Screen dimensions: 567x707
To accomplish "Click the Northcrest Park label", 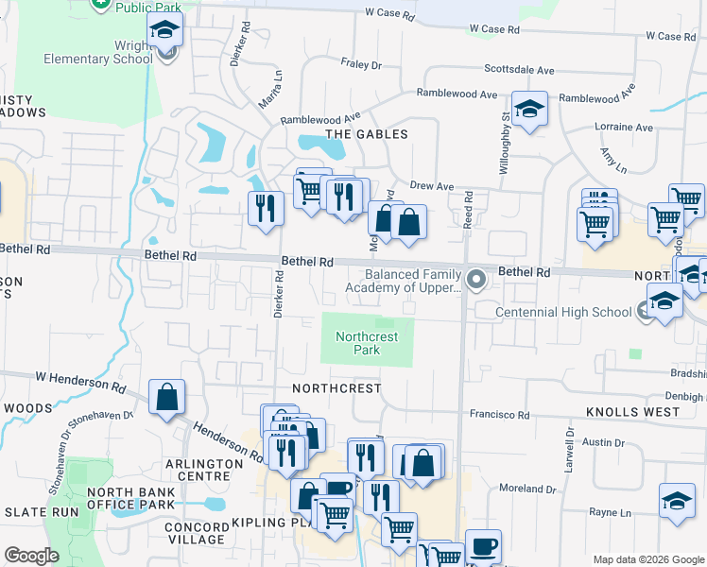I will pos(367,343).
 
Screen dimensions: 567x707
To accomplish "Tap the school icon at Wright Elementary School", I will pos(165,30).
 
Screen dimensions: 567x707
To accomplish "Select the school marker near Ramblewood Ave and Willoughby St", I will pos(529,110).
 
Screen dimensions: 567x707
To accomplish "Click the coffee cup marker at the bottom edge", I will pos(484,547).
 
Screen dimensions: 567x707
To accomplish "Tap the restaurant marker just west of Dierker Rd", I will pos(267,207).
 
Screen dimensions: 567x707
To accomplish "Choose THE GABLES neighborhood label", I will pos(367,134).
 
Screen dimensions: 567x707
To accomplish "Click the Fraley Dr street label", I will pos(360,65).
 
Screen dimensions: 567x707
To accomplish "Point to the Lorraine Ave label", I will pos(624,127).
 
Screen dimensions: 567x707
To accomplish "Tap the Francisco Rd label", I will pos(499,414).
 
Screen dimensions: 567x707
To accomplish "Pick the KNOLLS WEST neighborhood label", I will pos(632,412).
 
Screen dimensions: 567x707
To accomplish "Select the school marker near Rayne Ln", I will pos(677,502).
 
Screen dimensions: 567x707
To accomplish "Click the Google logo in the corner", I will pos(31,556).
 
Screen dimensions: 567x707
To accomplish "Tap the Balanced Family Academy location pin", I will pos(476,279).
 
